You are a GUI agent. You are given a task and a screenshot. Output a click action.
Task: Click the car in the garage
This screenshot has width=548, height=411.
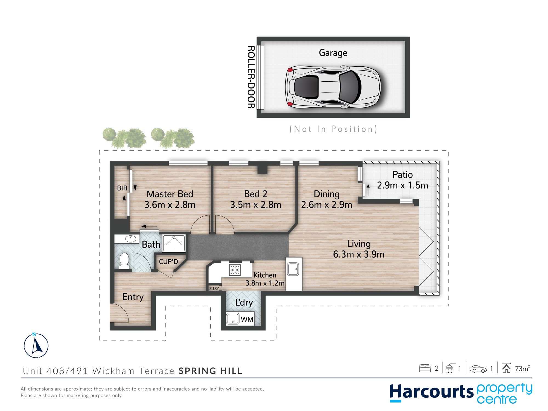coord(333,87)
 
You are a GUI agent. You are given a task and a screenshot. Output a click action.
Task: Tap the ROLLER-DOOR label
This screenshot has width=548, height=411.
coord(251,77)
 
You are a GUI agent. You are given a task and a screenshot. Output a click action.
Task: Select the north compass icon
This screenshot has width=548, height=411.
coord(36,346)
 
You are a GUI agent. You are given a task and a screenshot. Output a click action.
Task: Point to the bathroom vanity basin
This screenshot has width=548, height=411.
coord(130,239)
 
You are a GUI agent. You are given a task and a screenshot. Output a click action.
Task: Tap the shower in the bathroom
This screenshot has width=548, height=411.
coord(174,243)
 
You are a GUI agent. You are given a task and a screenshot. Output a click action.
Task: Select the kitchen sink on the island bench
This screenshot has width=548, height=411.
coord(293,269)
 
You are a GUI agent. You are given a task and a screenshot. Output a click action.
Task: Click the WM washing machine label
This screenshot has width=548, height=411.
coord(247,319)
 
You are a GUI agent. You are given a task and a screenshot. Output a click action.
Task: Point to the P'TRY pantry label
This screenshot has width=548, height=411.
coord(214,288)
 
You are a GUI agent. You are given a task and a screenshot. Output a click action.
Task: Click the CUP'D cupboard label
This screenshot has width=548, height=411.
coord(168,262)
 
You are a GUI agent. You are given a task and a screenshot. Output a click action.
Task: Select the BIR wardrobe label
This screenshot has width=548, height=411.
coord(122,188)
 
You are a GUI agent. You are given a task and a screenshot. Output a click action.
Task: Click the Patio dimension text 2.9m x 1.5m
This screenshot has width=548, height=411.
coord(403,185)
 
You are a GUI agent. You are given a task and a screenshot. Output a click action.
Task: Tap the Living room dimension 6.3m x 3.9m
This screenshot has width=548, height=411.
coord(359,254)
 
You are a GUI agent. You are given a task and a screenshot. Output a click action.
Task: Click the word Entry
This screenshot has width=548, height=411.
coord(133,297)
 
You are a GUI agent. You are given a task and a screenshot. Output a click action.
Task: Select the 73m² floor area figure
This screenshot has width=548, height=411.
coord(522,369)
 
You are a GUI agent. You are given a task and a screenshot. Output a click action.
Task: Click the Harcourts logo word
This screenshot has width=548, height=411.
coord(432,392)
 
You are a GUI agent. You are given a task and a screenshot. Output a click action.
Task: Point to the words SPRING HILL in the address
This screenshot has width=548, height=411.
coord(210,371)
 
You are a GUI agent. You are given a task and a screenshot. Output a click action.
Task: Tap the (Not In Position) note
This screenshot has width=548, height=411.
coord(333,129)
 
